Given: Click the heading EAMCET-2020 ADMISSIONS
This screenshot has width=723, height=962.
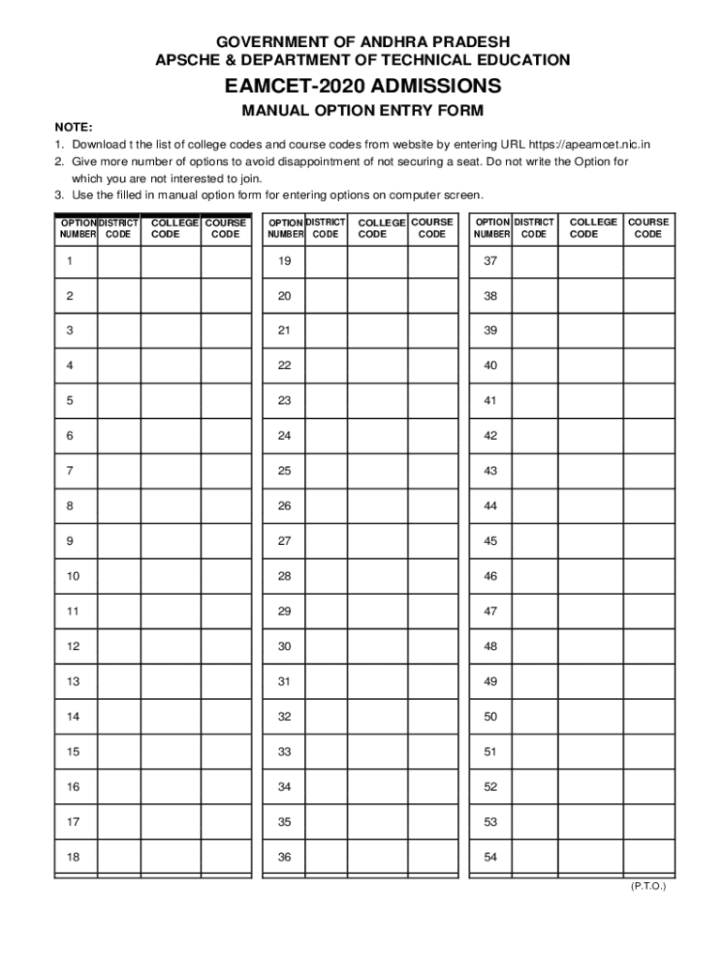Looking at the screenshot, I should (362, 86).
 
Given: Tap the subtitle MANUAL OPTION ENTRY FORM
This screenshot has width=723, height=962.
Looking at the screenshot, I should (362, 111).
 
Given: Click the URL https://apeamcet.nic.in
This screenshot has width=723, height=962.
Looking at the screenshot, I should (590, 145).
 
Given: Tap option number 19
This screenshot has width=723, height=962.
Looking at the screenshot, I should (285, 261).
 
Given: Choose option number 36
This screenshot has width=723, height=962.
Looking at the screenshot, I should (285, 857).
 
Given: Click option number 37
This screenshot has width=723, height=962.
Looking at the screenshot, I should (490, 261).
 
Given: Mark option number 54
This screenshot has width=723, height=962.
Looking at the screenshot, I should (490, 857).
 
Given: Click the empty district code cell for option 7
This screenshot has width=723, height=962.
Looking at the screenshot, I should (119, 471).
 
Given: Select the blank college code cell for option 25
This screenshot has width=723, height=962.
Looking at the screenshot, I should (377, 471).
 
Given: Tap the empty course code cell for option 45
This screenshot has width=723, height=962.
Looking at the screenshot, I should (648, 541).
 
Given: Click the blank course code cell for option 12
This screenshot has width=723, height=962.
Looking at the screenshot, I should (226, 646).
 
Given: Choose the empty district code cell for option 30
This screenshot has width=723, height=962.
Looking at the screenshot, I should (327, 646).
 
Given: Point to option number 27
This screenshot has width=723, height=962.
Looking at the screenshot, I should (285, 541).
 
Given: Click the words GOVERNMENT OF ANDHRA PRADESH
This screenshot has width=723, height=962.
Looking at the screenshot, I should (362, 42).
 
